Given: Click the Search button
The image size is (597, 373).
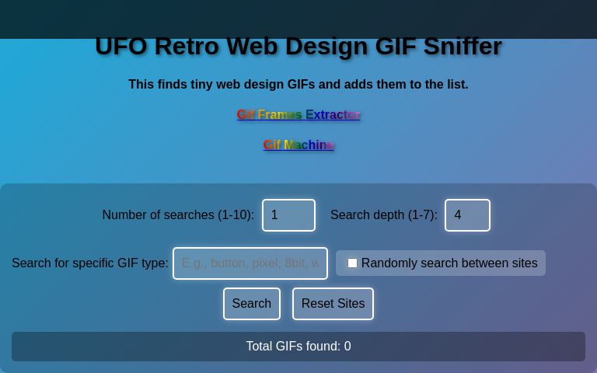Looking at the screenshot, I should click(x=251, y=304).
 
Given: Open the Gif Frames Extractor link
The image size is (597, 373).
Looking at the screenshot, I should click(x=298, y=115).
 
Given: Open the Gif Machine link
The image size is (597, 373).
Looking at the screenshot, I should click(x=298, y=145).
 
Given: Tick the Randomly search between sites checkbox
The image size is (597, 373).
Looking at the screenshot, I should click(x=352, y=263).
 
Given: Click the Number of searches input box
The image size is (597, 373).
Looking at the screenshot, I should click(x=288, y=215).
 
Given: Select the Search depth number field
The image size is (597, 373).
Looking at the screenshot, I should click(x=467, y=215).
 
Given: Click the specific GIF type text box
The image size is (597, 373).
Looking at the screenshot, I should click(x=250, y=263).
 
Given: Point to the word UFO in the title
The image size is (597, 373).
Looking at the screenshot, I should click(x=120, y=47).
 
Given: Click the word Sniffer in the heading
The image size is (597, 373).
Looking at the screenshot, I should click(x=463, y=47).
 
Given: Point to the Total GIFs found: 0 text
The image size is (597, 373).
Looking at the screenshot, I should click(x=298, y=347).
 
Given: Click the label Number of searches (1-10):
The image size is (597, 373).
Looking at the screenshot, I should click(x=178, y=215).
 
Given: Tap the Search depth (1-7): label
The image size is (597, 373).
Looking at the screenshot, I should click(x=383, y=215).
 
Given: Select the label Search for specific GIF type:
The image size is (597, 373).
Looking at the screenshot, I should click(x=90, y=263).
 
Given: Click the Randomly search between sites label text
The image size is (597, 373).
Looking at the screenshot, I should click(x=449, y=263).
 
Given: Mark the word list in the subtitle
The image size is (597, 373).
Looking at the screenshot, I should click(x=455, y=85).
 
